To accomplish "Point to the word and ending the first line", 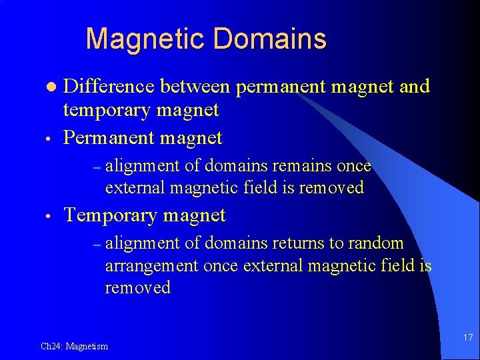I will (x=415, y=87).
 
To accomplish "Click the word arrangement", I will (x=152, y=266).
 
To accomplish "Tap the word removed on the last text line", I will (x=137, y=288).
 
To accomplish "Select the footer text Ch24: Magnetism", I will (x=74, y=346).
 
